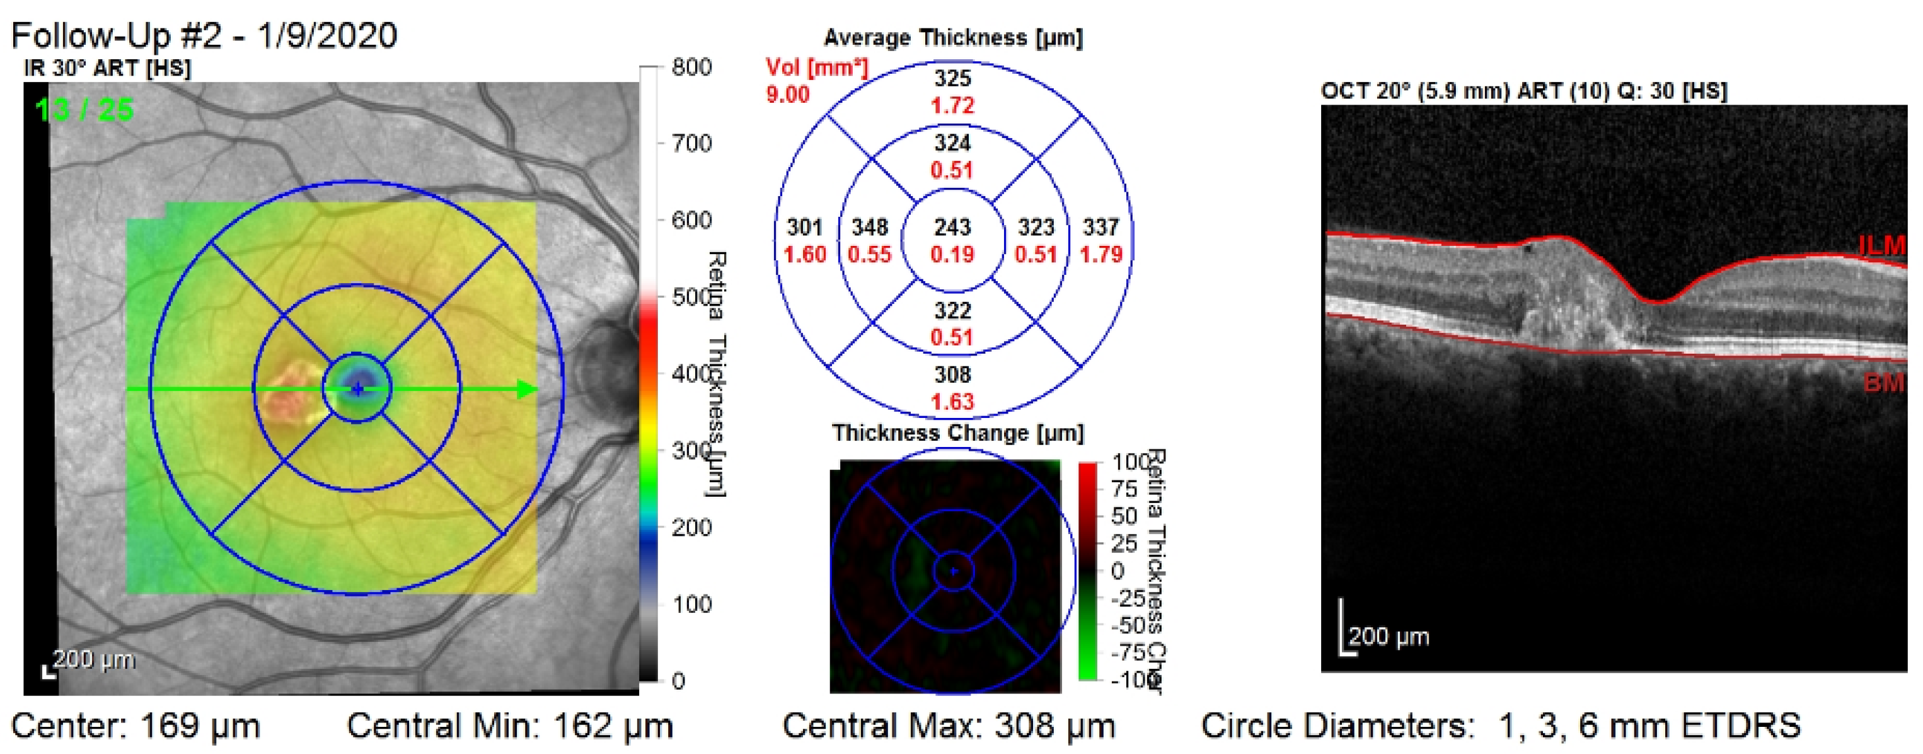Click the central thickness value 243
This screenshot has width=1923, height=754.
952,227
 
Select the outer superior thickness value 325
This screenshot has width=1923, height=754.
952,78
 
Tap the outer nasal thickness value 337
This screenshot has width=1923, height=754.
1101,227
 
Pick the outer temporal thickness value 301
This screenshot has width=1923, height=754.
805,227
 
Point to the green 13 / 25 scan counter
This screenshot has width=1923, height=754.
84,110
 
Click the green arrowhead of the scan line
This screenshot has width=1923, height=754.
527,389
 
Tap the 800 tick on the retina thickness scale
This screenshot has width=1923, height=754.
691,67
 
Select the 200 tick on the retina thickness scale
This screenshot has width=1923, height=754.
691,527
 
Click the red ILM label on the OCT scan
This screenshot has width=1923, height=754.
1881,245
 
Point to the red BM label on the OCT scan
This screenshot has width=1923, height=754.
1883,383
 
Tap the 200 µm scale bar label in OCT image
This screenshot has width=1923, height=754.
1389,637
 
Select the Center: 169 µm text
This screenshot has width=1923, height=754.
136,726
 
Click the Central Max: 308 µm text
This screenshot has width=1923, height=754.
948,726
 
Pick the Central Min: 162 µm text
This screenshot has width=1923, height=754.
510,726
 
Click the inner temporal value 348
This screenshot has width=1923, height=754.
870,227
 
